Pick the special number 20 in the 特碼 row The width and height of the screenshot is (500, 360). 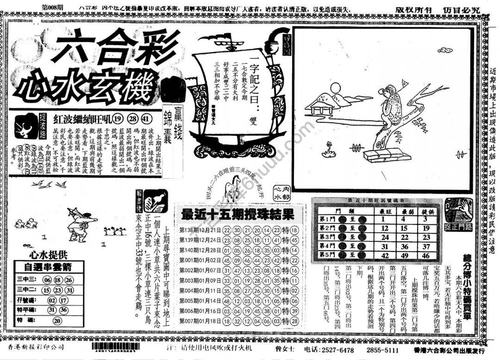pos(57,320)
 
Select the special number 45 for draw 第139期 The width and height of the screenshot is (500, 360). pos(294,240)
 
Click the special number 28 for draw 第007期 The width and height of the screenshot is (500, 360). pos(294,321)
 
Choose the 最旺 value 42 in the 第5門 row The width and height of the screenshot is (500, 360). pos(384,255)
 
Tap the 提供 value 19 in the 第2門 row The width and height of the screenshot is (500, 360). pos(426,228)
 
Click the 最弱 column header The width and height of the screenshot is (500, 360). pos(404,211)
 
